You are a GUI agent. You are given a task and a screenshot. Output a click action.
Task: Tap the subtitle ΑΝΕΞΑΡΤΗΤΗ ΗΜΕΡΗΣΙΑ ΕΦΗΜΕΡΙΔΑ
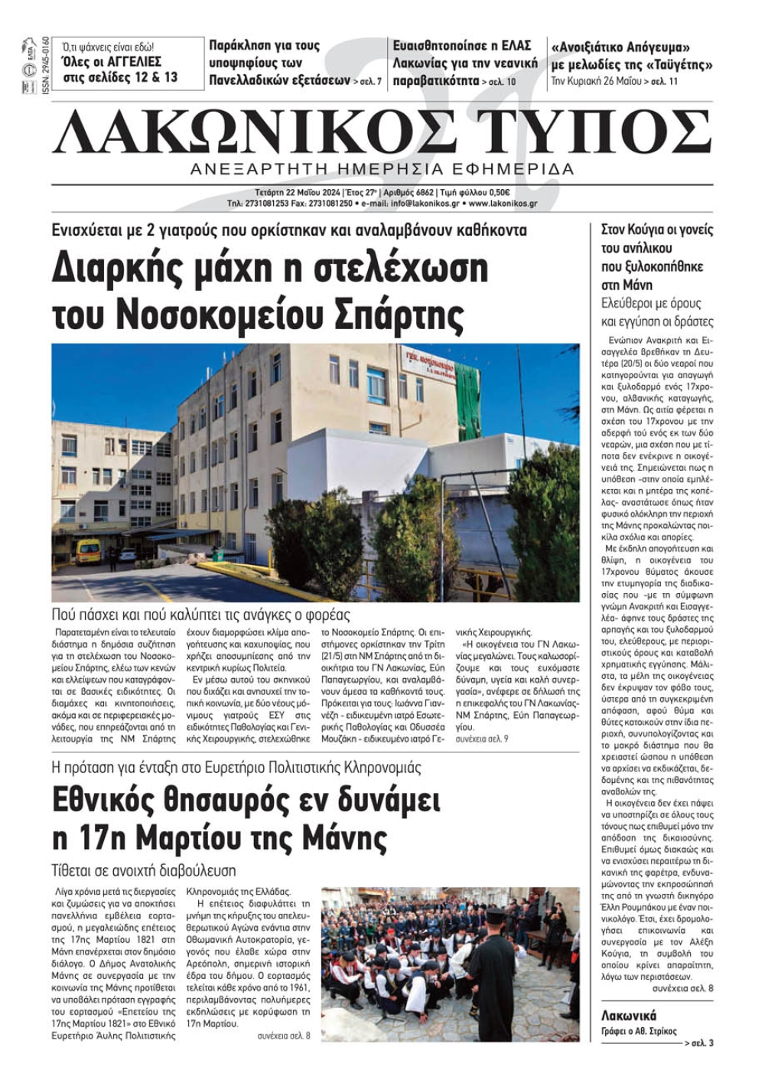click(x=382, y=168)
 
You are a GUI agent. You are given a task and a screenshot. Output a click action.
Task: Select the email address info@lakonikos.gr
click(x=425, y=204)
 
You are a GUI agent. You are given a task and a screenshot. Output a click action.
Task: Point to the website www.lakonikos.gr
click(x=503, y=204)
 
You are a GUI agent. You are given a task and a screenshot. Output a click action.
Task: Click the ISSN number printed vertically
click(x=46, y=66)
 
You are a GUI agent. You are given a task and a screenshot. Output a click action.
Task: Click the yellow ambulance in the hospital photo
click(x=88, y=551)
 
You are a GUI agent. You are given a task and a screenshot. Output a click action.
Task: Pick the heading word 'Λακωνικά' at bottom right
click(x=629, y=1016)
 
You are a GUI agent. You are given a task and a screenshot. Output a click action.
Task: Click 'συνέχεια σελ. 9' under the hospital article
click(x=482, y=739)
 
